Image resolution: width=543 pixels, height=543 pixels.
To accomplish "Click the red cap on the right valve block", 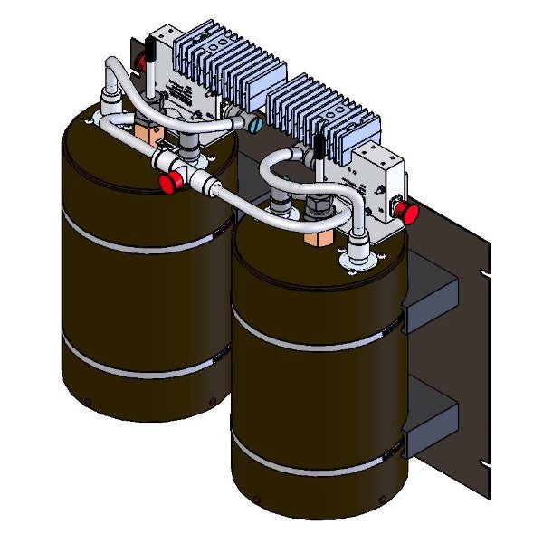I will click(x=410, y=214).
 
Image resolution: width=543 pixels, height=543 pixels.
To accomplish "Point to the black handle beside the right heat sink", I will click(x=319, y=148).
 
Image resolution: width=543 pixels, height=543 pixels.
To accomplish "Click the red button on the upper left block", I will click(x=141, y=62).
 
